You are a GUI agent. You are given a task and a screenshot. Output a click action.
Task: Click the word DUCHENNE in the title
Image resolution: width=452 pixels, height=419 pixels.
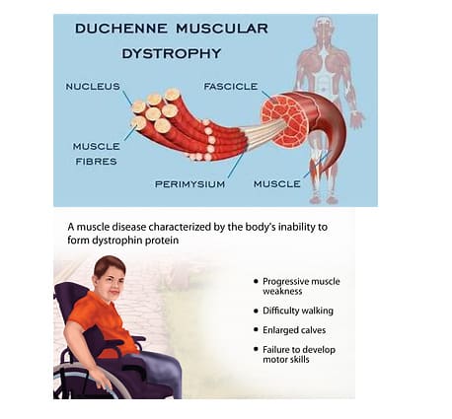click(121, 29)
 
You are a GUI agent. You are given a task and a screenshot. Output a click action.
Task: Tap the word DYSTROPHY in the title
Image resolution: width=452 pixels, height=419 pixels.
click(172, 53)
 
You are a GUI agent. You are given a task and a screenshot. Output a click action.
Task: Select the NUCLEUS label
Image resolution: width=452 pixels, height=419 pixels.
click(93, 87)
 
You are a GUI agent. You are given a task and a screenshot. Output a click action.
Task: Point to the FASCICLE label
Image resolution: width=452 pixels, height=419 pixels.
click(231, 87)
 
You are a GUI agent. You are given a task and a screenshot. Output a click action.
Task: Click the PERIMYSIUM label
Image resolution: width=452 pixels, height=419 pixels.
click(189, 184)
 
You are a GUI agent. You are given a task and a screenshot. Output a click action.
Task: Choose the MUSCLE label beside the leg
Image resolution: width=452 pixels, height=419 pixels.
click(277, 184)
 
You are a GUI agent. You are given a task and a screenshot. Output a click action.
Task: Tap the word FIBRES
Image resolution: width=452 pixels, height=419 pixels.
click(96, 162)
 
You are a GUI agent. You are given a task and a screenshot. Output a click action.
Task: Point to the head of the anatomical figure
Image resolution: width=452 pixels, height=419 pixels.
click(324, 28)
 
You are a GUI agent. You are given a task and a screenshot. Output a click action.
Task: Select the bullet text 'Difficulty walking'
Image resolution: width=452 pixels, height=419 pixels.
click(298, 311)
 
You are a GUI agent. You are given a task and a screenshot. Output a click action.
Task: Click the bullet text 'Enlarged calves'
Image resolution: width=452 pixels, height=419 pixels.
click(294, 330)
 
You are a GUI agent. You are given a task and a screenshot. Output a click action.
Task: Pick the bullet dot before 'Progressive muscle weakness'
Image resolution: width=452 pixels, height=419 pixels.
click(256, 281)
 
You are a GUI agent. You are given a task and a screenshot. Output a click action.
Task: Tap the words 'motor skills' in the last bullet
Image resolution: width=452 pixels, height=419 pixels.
click(286, 359)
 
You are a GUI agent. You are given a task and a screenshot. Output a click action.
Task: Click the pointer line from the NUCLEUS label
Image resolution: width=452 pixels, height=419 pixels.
click(127, 99)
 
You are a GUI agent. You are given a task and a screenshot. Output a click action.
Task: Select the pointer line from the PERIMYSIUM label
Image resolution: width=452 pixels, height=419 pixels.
click(236, 166)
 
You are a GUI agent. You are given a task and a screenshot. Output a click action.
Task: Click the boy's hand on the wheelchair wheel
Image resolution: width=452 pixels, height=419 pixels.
click(106, 382)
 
